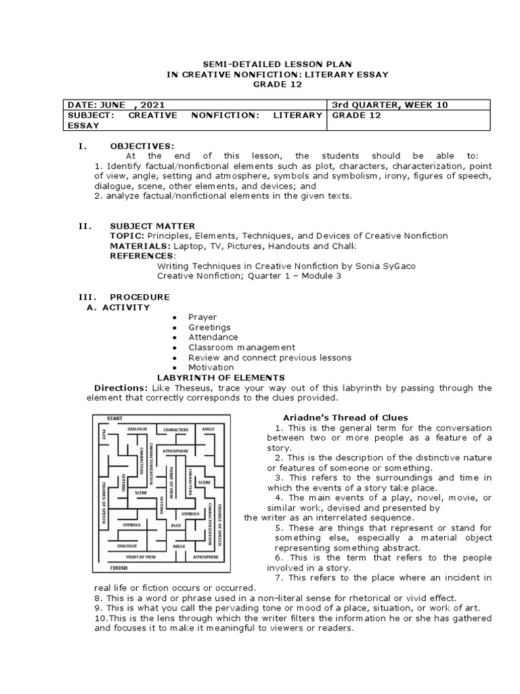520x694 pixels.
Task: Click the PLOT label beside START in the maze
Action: tap(104, 433)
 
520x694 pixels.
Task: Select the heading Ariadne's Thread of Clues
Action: tap(345, 417)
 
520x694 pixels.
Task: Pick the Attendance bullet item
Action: tap(213, 337)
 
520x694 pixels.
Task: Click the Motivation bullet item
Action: tap(211, 367)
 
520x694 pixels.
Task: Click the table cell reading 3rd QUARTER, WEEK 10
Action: tap(389, 105)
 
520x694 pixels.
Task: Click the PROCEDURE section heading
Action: tap(139, 297)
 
